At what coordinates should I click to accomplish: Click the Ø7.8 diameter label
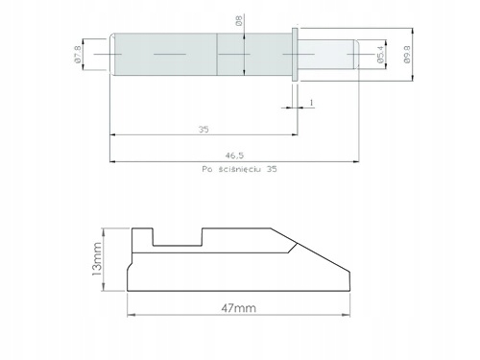pyautogui.click(x=78, y=55)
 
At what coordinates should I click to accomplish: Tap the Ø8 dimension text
pyautogui.click(x=239, y=20)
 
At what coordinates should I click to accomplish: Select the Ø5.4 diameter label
pyautogui.click(x=380, y=54)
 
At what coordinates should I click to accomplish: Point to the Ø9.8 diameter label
pyautogui.click(x=407, y=54)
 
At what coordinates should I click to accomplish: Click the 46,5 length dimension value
pyautogui.click(x=234, y=156)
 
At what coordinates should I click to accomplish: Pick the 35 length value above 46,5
pyautogui.click(x=204, y=130)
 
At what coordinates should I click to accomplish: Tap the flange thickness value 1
pyautogui.click(x=311, y=103)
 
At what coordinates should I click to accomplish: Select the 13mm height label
pyautogui.click(x=97, y=259)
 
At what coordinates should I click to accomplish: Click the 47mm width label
pyautogui.click(x=238, y=308)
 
